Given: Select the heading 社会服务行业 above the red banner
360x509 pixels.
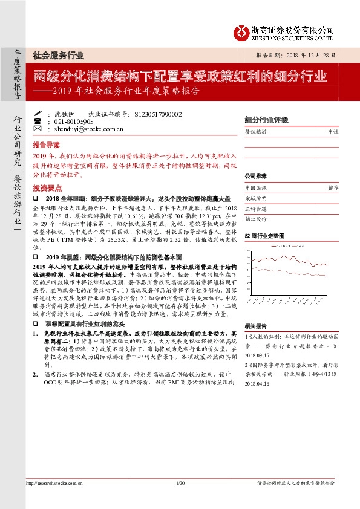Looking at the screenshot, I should [58, 55].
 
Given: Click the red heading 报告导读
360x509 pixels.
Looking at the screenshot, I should [47, 145].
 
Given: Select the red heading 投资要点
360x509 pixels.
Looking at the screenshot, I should [47, 187].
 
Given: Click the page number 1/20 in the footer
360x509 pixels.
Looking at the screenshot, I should [180, 499].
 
